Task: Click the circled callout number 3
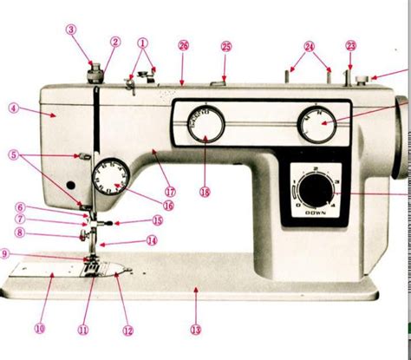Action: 71,29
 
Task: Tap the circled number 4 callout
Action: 14,108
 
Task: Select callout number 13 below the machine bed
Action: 196,329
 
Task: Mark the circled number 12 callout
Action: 127,329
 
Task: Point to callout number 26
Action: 183,45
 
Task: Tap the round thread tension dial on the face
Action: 110,175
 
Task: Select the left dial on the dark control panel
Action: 205,124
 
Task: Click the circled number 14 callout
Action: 152,241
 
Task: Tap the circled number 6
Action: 19,207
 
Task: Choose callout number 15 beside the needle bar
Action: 157,220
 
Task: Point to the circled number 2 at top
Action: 115,41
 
